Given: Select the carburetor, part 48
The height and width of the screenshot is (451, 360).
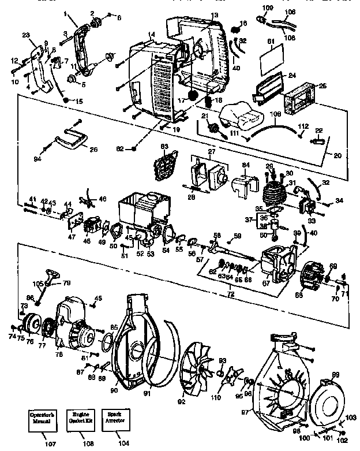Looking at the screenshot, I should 92,226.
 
